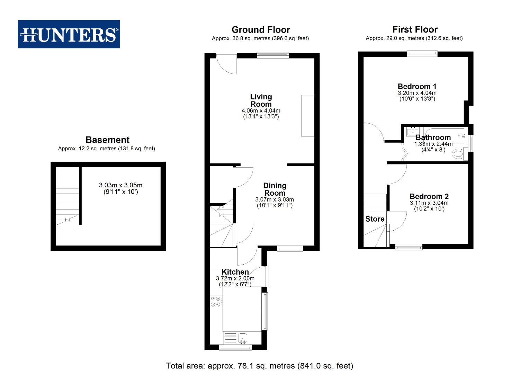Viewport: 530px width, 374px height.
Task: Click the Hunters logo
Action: (x=69, y=34)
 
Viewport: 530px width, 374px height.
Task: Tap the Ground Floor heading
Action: (x=261, y=30)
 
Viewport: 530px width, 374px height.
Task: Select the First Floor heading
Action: (x=415, y=29)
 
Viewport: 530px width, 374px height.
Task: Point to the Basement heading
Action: (x=107, y=140)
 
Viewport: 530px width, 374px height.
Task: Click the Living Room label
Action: (x=261, y=100)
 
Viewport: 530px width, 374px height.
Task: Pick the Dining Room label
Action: (x=275, y=189)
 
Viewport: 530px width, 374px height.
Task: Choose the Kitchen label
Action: (x=235, y=272)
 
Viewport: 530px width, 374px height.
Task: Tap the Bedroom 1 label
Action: (x=417, y=87)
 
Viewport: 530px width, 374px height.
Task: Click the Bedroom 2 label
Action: (x=429, y=197)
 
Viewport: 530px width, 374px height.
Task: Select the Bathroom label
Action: (x=433, y=137)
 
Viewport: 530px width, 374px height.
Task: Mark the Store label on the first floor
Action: (x=375, y=219)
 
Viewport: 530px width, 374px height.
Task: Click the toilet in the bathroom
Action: (x=459, y=154)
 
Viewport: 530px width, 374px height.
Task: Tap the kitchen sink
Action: (x=243, y=337)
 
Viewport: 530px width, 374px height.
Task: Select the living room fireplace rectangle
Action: (x=308, y=115)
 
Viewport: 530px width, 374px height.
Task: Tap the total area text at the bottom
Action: (x=259, y=366)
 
